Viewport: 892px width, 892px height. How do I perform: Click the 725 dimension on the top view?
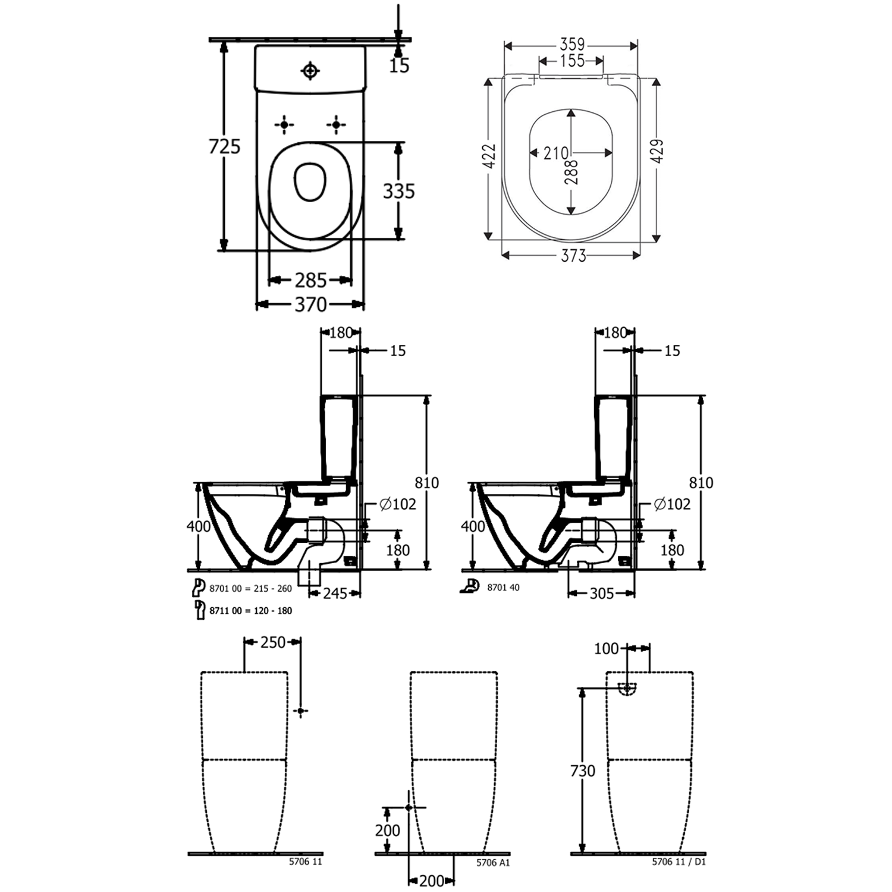[224, 146]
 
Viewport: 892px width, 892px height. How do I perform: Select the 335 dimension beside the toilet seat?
[398, 191]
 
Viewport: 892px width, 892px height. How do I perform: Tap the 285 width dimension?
[310, 279]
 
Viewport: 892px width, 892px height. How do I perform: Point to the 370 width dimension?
[310, 304]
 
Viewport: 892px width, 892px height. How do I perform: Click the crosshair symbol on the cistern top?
[310, 71]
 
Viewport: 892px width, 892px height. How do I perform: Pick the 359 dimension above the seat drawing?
[572, 45]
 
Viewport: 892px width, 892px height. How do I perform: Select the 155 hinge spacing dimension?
[572, 61]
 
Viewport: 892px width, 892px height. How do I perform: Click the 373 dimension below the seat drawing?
[573, 256]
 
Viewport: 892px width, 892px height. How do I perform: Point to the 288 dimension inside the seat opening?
[572, 172]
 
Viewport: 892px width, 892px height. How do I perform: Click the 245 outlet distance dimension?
[335, 593]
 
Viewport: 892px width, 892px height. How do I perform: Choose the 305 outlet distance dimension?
[601, 593]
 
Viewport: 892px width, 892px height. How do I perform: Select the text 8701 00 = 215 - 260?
[250, 589]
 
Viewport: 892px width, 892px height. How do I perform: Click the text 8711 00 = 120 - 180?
[250, 611]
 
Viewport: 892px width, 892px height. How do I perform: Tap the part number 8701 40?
[503, 588]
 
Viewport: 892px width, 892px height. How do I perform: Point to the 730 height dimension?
[582, 771]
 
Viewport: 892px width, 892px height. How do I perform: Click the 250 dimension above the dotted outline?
[273, 642]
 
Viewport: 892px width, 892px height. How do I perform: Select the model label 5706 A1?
[493, 862]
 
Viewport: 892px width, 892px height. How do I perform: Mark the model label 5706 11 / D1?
[679, 861]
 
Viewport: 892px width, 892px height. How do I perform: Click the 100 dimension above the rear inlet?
[606, 648]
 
